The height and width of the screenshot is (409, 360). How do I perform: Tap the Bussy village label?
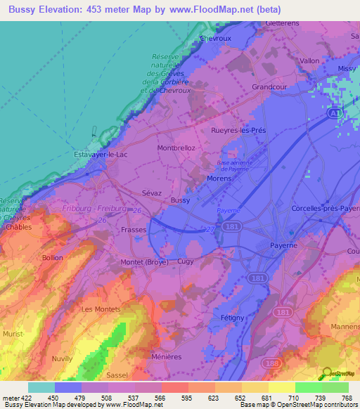[180, 200]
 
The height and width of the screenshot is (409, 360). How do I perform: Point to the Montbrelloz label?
[176, 148]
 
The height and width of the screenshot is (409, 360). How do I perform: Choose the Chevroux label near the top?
[215, 39]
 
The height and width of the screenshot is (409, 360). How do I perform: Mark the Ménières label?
[167, 357]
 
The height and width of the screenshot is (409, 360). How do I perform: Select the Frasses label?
[133, 230]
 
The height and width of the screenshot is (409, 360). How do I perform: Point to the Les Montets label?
[101, 309]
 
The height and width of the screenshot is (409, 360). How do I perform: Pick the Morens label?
[219, 179]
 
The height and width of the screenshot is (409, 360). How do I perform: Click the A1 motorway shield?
[337, 112]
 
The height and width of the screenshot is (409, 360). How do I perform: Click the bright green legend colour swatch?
[308, 387]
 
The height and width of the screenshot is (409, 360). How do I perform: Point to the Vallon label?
[309, 61]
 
